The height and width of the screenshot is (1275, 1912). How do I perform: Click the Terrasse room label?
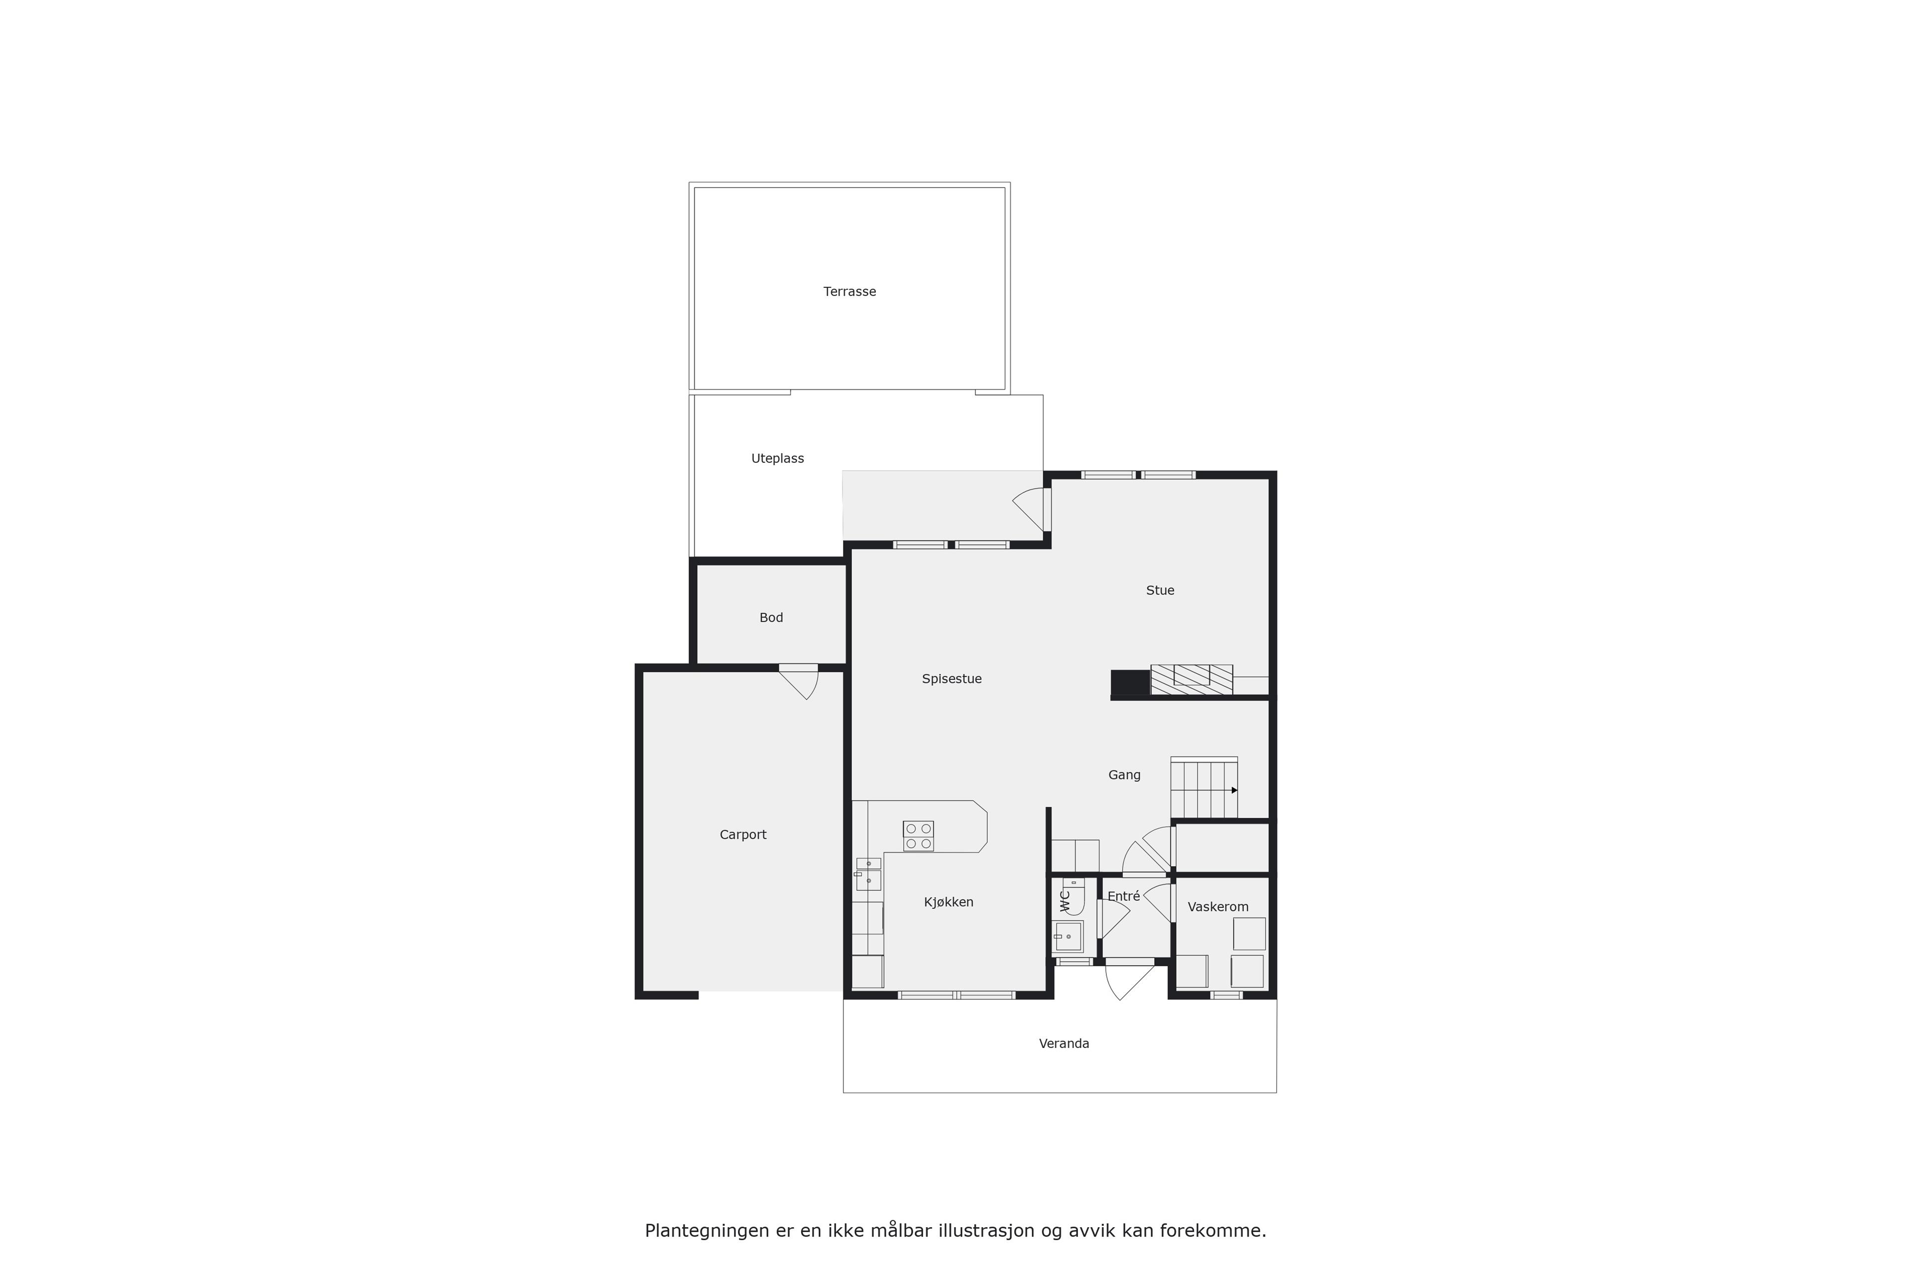click(849, 291)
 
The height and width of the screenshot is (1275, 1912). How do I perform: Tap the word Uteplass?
click(777, 459)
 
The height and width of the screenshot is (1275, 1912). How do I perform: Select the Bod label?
click(771, 618)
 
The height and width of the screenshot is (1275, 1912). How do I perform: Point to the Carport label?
click(743, 834)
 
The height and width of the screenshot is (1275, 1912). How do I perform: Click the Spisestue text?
click(951, 679)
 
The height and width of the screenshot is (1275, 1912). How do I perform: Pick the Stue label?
click(1160, 590)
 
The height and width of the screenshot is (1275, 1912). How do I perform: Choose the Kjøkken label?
click(949, 902)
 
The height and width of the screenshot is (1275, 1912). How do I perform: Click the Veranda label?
click(1064, 1043)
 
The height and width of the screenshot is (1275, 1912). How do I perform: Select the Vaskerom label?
click(1218, 906)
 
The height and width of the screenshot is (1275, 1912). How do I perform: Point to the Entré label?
click(1123, 896)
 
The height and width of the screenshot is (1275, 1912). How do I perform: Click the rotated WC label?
click(1064, 900)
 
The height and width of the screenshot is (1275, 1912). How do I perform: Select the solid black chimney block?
click(1130, 683)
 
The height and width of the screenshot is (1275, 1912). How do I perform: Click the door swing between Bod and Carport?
click(801, 681)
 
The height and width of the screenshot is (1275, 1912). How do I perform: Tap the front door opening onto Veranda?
click(1130, 979)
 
